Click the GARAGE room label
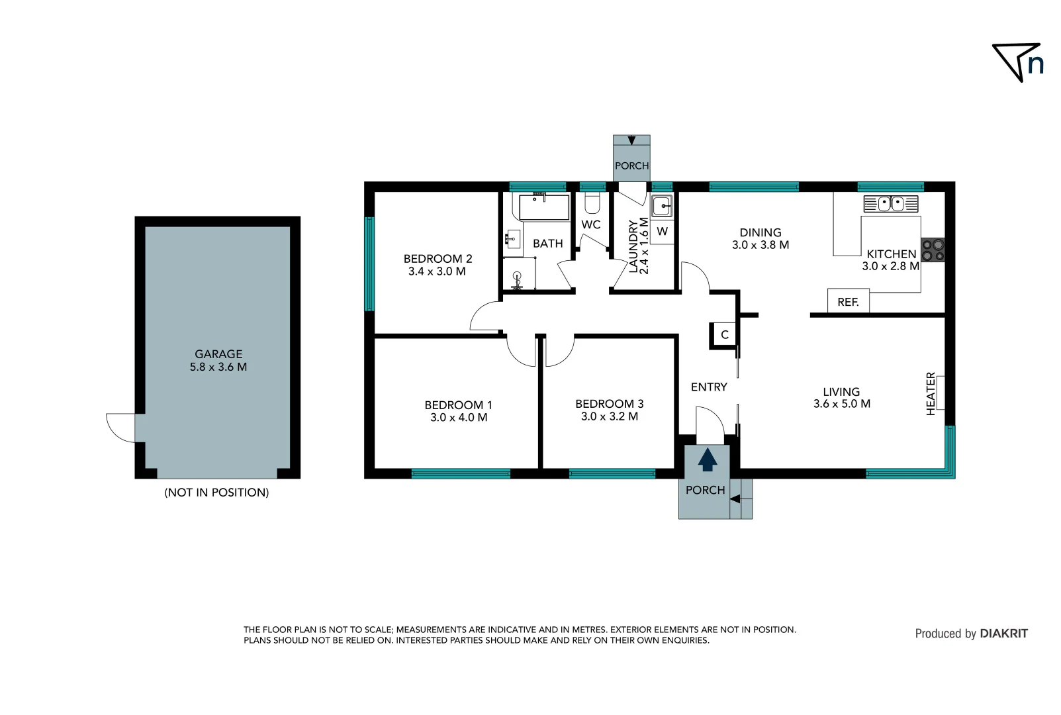[218, 354]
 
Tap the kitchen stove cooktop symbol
[933, 250]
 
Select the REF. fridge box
[848, 301]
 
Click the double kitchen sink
[891, 203]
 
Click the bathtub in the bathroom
[544, 207]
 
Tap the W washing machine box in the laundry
[662, 232]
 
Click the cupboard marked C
[724, 334]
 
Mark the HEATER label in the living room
[931, 393]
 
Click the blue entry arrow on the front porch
[708, 459]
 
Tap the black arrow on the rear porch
[631, 140]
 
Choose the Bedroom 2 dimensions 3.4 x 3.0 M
[437, 271]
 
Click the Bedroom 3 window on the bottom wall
[612, 473]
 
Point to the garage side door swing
[121, 427]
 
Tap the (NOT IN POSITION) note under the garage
[216, 493]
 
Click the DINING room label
[761, 232]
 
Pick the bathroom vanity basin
[512, 238]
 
